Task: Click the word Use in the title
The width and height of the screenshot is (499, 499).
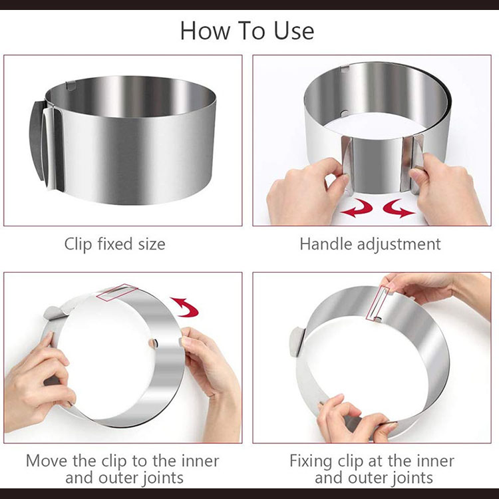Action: (x=293, y=31)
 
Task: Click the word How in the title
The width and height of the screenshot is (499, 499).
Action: (x=206, y=31)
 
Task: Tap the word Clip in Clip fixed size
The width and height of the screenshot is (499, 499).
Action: (x=78, y=244)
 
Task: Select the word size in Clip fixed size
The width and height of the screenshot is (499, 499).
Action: (x=152, y=244)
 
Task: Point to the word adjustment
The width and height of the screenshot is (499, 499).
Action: (x=399, y=245)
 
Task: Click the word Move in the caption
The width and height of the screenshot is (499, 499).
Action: (x=47, y=461)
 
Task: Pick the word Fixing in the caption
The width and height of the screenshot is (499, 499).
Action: (x=311, y=462)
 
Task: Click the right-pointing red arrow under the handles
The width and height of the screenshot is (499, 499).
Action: (x=399, y=208)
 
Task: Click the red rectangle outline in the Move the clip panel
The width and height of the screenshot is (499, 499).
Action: (x=117, y=293)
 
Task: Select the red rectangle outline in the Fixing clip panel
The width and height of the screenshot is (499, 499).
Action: (x=377, y=302)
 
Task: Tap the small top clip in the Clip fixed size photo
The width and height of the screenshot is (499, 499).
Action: (x=71, y=86)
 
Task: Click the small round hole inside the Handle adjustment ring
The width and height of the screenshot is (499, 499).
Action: (x=344, y=113)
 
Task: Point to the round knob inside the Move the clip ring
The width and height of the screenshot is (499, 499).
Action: (x=153, y=343)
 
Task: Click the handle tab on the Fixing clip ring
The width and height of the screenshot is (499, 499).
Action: (x=297, y=342)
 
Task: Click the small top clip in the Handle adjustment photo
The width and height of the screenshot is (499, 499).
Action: (x=345, y=68)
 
